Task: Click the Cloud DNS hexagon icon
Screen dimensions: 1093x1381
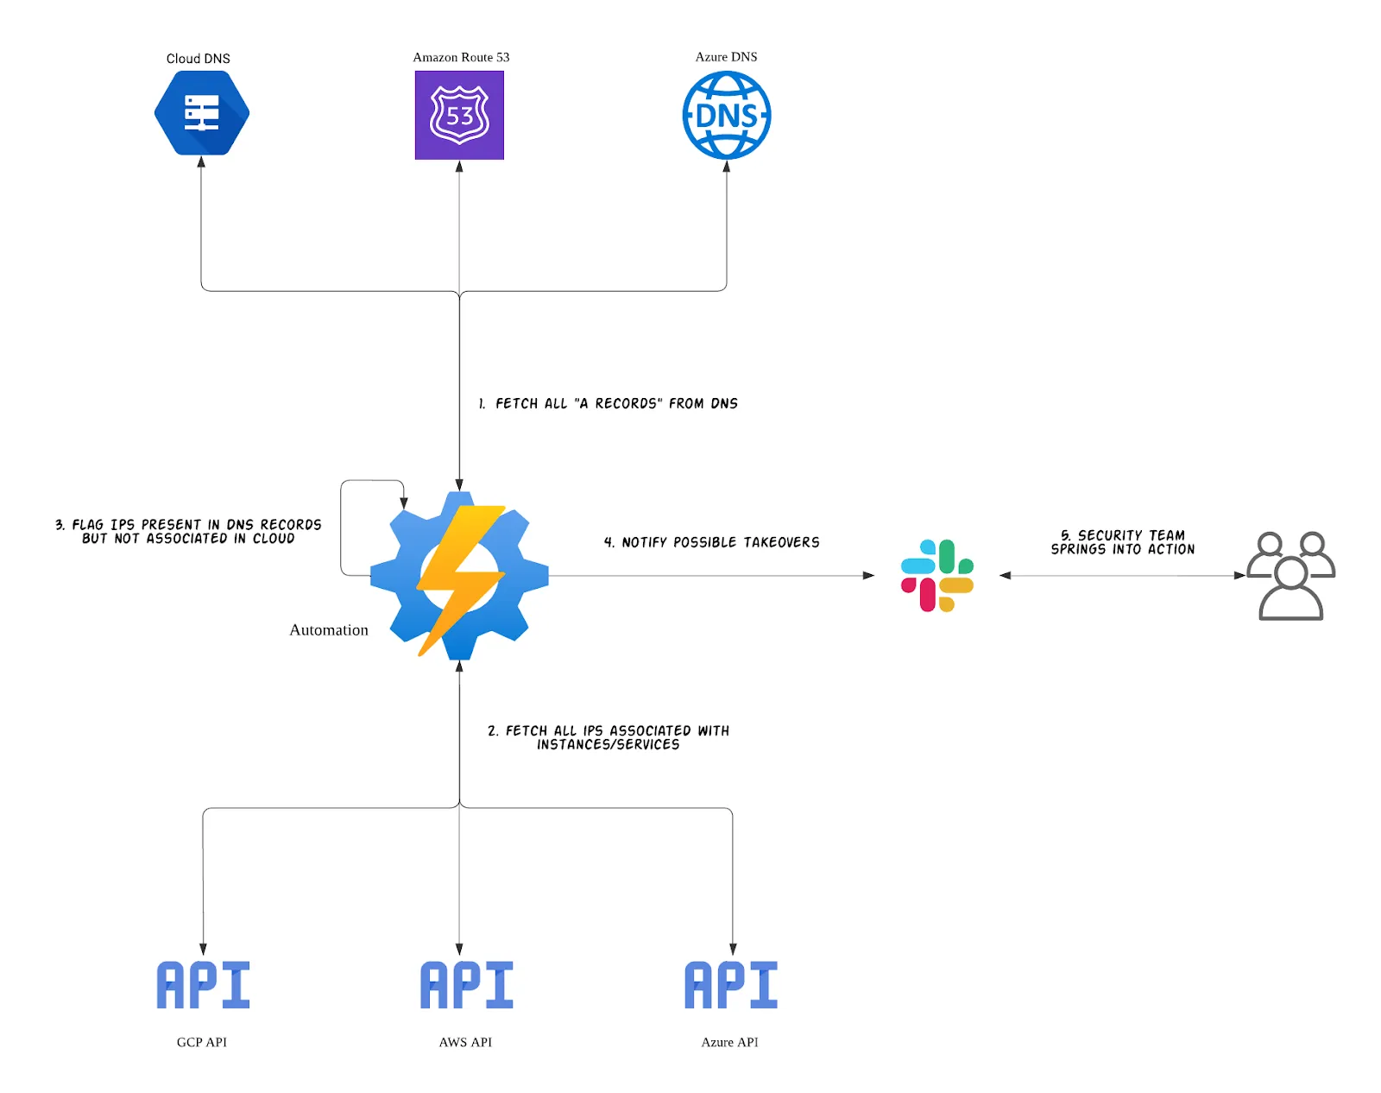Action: point(202,113)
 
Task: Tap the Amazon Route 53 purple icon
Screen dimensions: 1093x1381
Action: point(459,115)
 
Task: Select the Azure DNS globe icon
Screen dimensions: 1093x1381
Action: point(726,115)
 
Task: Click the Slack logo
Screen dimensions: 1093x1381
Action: point(936,575)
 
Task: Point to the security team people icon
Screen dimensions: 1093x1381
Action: point(1290,576)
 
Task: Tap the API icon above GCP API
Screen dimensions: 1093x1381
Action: point(203,985)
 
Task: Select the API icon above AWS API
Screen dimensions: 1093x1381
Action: point(466,985)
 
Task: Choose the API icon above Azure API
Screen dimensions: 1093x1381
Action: point(730,985)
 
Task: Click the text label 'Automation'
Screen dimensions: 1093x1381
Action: point(329,630)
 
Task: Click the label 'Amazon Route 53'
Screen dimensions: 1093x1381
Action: point(461,57)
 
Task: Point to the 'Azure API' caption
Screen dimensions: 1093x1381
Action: point(729,1042)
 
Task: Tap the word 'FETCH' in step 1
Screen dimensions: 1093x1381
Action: point(517,403)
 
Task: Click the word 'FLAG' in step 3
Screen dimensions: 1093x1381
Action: point(87,525)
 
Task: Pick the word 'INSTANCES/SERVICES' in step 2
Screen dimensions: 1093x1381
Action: point(608,744)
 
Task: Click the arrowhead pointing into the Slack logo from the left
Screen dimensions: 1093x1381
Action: point(868,575)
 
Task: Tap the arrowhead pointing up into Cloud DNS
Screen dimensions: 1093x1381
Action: point(201,162)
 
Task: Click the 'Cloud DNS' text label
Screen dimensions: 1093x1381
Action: point(198,59)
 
